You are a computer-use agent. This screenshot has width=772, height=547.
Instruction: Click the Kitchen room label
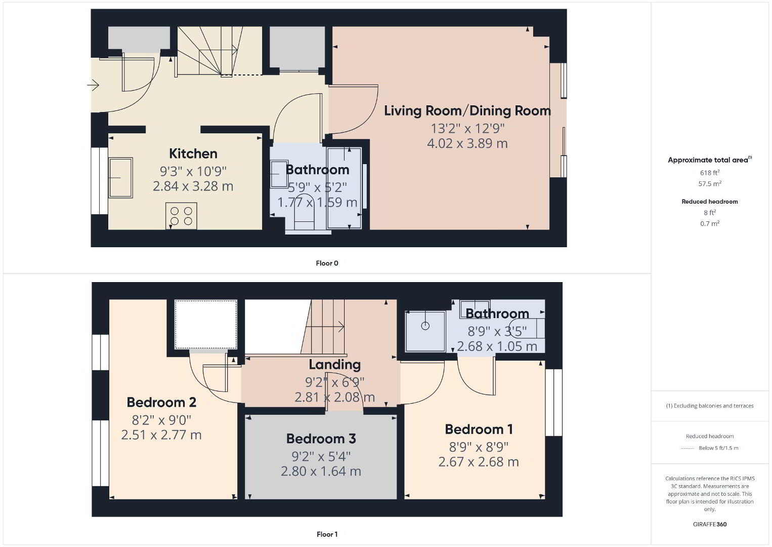193,153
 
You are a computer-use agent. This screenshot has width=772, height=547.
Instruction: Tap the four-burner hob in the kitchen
181,216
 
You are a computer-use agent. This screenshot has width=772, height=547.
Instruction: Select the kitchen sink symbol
120,178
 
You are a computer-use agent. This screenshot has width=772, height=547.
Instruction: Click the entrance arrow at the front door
93,85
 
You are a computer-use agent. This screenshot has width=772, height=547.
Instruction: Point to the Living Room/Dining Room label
467,111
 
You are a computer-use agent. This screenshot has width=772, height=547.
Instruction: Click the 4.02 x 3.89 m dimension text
467,143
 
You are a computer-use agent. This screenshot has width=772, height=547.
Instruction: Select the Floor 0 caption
327,263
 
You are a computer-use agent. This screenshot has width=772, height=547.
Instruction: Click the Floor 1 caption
327,534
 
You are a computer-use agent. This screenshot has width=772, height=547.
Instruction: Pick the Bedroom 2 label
161,402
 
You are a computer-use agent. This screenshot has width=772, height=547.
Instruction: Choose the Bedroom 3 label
321,439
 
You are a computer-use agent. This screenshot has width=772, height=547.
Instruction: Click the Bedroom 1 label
479,429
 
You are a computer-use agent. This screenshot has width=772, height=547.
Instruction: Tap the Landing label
334,365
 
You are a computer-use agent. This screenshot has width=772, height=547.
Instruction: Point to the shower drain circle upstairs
425,326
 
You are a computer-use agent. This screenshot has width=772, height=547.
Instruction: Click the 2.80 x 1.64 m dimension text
321,471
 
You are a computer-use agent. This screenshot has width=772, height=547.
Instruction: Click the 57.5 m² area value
710,183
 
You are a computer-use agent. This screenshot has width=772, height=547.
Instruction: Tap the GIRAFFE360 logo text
710,524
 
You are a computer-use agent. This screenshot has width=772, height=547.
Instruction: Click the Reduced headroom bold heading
710,202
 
